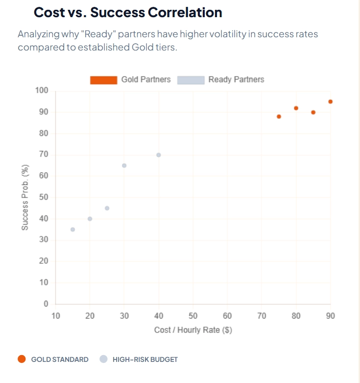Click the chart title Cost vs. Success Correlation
click(x=128, y=12)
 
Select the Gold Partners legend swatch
click(x=103, y=80)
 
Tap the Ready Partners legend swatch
click(x=191, y=80)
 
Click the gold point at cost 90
click(x=331, y=102)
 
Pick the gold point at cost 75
click(x=279, y=117)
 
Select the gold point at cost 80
click(x=296, y=108)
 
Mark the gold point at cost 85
click(x=313, y=112)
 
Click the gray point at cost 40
click(x=159, y=155)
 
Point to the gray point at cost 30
click(x=124, y=165)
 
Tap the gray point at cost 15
click(x=72, y=230)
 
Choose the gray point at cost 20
click(x=90, y=219)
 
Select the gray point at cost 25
click(x=107, y=208)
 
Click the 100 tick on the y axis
click(x=42, y=91)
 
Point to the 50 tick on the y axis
click(x=44, y=197)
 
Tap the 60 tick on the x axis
click(x=227, y=316)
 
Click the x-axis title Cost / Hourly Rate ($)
click(x=193, y=330)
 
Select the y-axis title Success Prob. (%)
click(x=25, y=197)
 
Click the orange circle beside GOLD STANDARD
click(x=21, y=359)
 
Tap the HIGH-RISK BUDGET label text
click(x=145, y=359)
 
